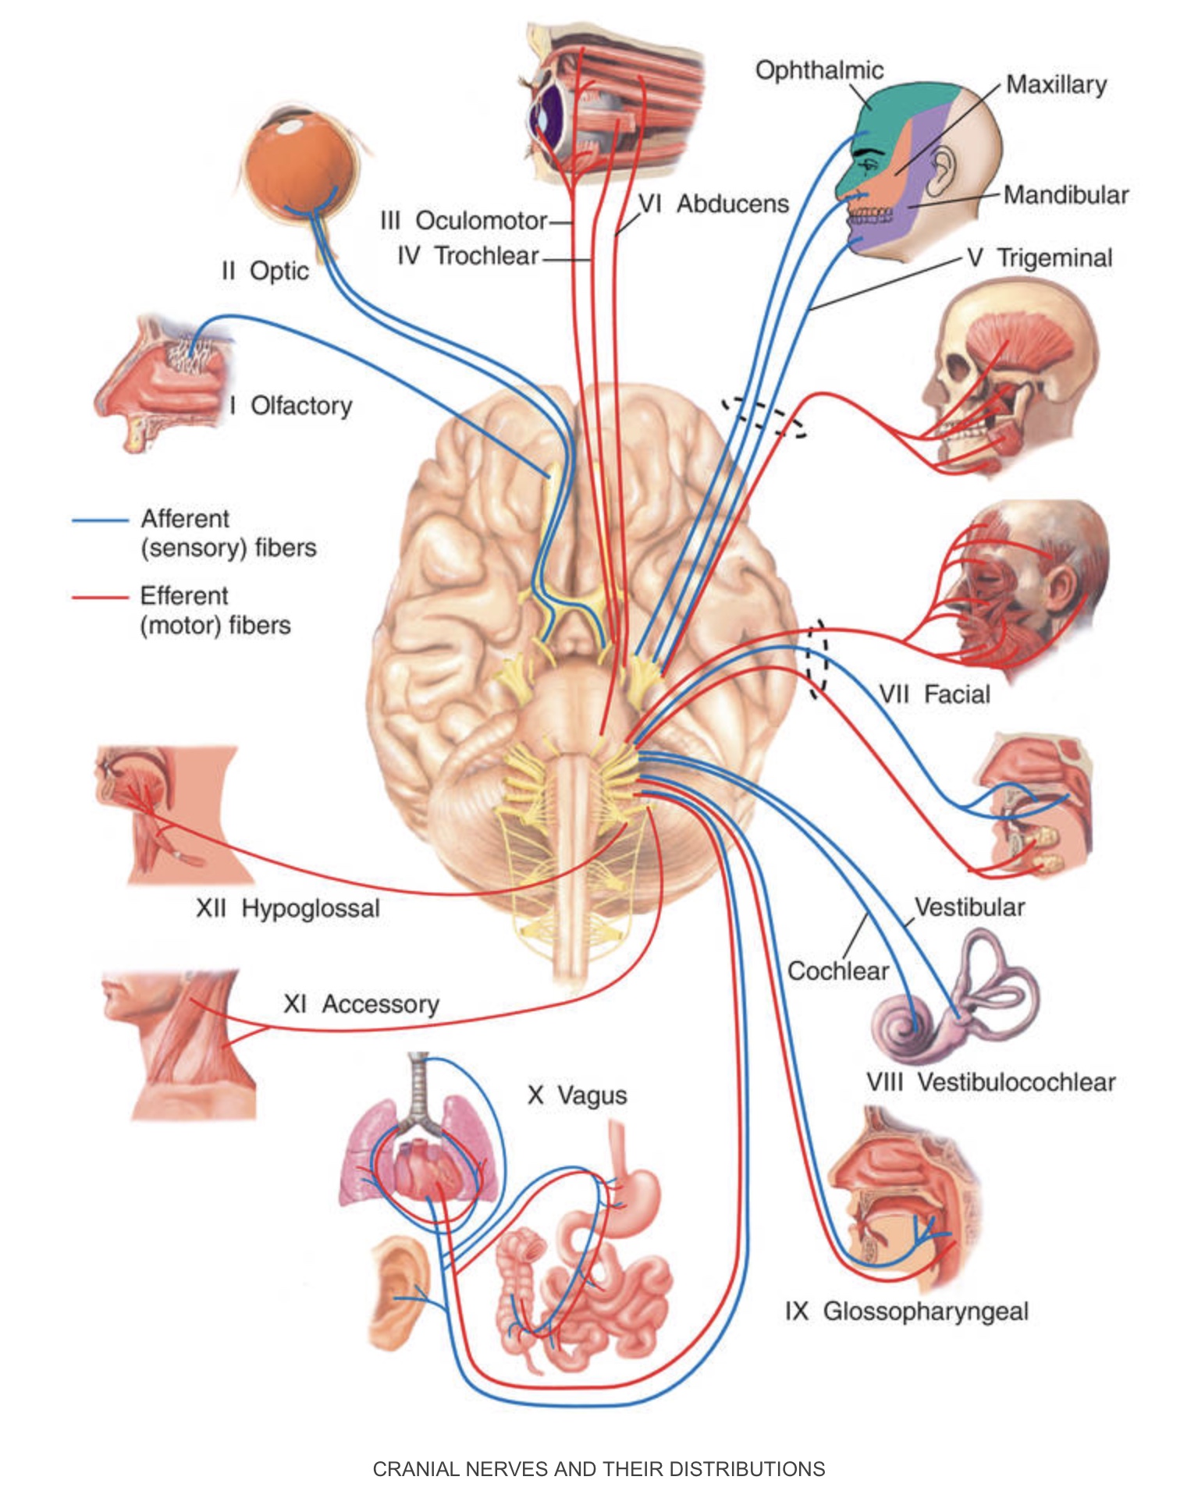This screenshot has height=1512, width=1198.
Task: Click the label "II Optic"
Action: (x=265, y=271)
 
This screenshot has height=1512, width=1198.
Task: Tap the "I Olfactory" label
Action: (x=291, y=406)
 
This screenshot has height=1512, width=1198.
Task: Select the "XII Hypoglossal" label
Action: (x=287, y=908)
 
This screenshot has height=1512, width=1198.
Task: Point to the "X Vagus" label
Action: (x=577, y=1095)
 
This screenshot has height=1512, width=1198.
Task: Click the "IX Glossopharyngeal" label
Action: (x=906, y=1311)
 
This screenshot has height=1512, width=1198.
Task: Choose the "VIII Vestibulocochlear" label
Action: (x=990, y=1082)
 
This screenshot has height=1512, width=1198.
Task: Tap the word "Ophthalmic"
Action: (x=819, y=70)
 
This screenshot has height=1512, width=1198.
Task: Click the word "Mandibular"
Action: (x=1065, y=194)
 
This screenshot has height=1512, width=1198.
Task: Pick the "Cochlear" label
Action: (x=837, y=971)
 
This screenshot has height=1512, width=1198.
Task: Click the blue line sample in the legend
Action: (x=100, y=520)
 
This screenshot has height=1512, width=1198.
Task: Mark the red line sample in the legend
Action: (x=100, y=597)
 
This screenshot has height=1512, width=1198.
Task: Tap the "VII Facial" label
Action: (x=933, y=694)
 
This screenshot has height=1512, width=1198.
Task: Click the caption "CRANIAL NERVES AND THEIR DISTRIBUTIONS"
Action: (x=599, y=1469)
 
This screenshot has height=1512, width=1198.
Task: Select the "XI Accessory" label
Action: (x=361, y=1004)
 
